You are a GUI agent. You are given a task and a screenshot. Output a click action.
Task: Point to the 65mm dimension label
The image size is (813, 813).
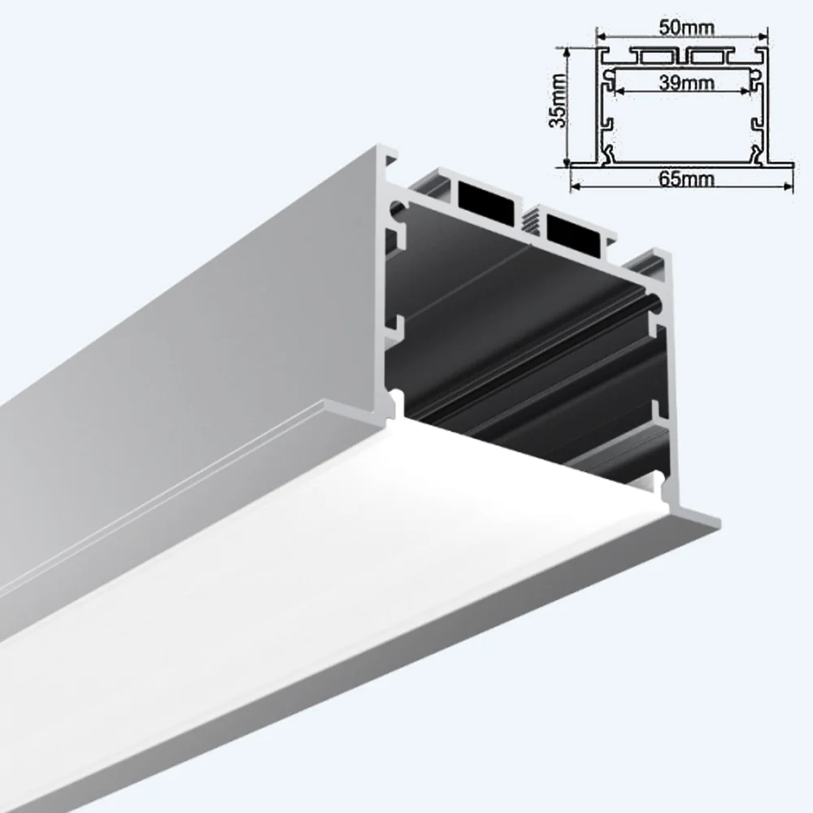click(x=681, y=180)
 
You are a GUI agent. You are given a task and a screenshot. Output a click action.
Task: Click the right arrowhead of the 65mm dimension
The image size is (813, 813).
click(x=789, y=187)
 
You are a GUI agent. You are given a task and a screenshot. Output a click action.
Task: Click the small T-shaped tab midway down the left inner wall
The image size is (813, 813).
click(x=398, y=325)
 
